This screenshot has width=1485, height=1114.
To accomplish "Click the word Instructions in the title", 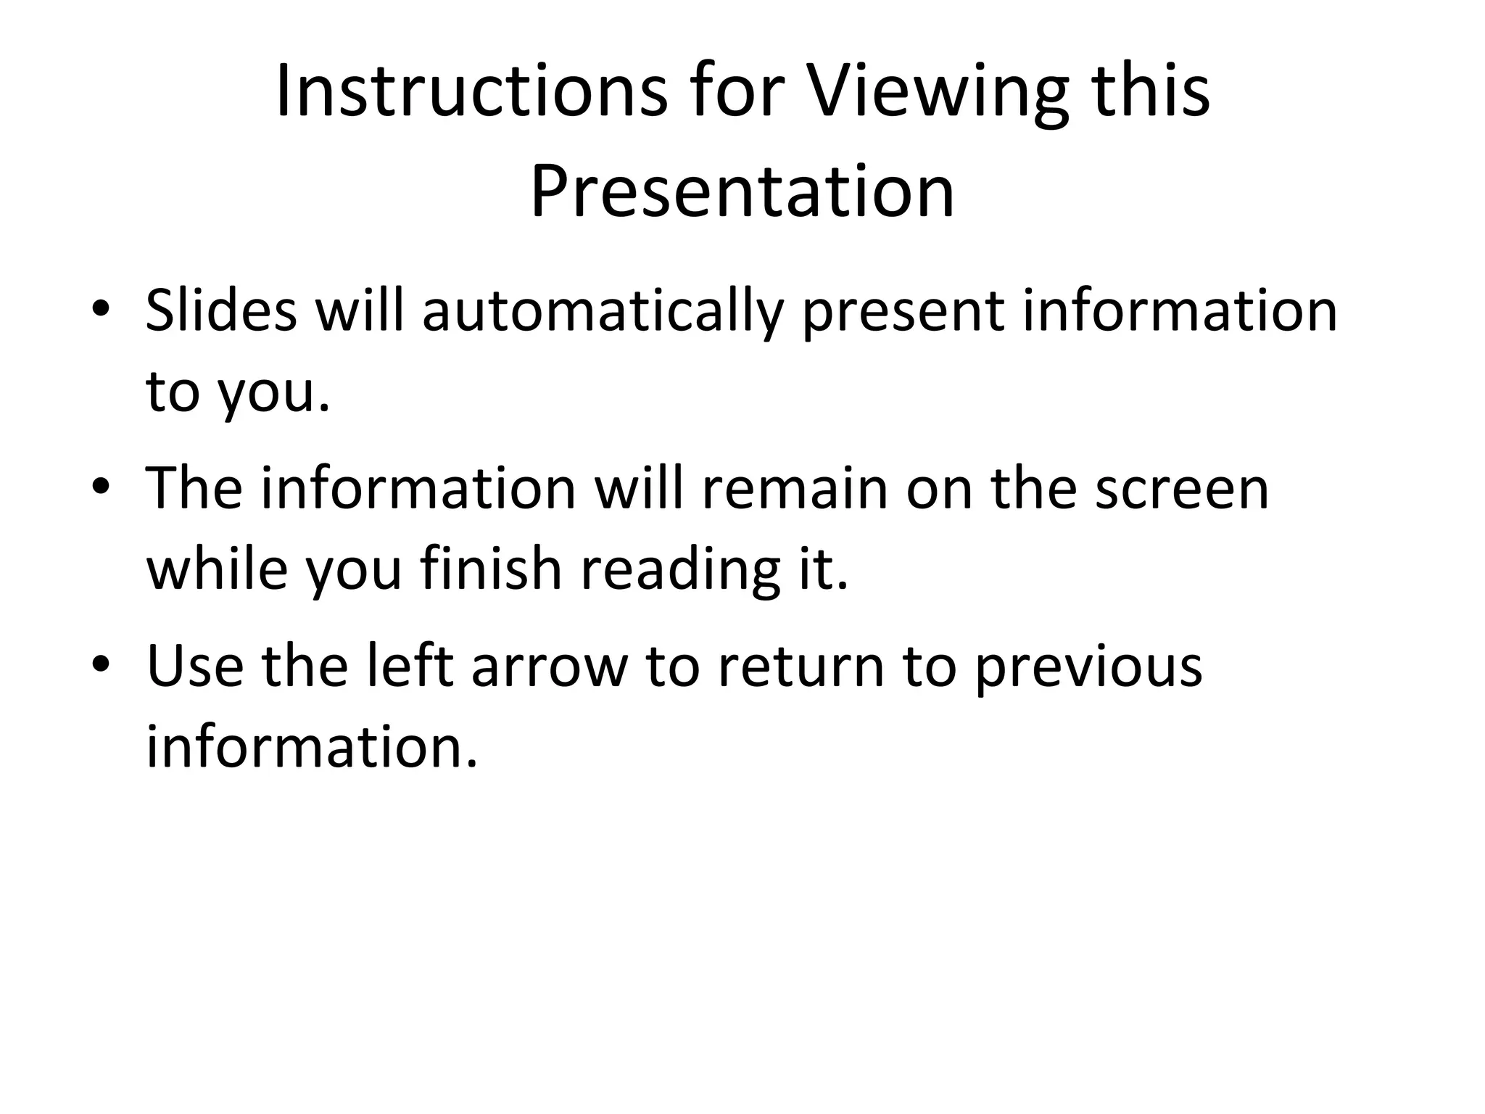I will pos(471,92).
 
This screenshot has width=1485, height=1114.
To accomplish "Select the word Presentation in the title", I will pos(742,191).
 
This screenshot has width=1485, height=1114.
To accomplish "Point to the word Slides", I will pos(221,311).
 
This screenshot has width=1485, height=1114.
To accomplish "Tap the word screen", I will pos(1182,489).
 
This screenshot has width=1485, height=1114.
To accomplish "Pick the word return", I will pos(801,667).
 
